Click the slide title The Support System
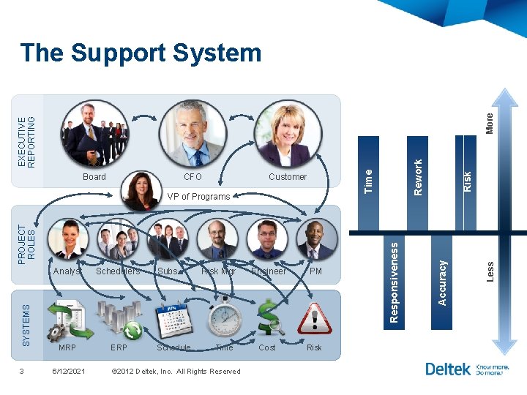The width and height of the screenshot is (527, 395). [141, 53]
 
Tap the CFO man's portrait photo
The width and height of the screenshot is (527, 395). [193, 133]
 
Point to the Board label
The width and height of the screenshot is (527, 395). [94, 177]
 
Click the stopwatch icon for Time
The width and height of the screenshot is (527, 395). [224, 317]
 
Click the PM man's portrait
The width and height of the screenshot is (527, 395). [315, 238]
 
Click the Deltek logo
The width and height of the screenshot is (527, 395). [447, 369]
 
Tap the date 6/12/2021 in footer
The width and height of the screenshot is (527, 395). [69, 371]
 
